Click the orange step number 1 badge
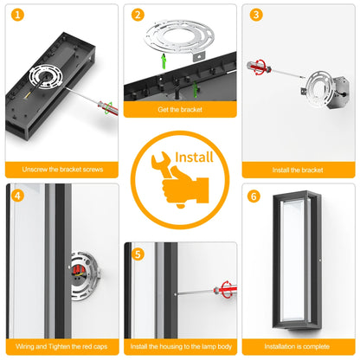coord(17,15)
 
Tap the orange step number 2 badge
coord(138,15)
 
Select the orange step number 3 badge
coord(256,15)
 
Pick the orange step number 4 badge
coord(17,196)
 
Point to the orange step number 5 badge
coord(138,254)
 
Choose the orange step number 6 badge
coord(254,196)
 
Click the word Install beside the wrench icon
coord(194,157)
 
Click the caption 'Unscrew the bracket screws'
coord(62,170)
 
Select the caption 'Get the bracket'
coord(180,109)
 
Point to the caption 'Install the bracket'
coord(298,170)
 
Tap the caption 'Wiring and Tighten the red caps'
coord(61,346)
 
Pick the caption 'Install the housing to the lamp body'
coord(181,346)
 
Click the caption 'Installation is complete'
coord(297,346)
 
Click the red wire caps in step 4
coord(79,270)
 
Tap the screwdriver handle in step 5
coord(226,289)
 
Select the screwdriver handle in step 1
coord(107,108)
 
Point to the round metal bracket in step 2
coord(179,38)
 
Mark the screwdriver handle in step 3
coord(259,67)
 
